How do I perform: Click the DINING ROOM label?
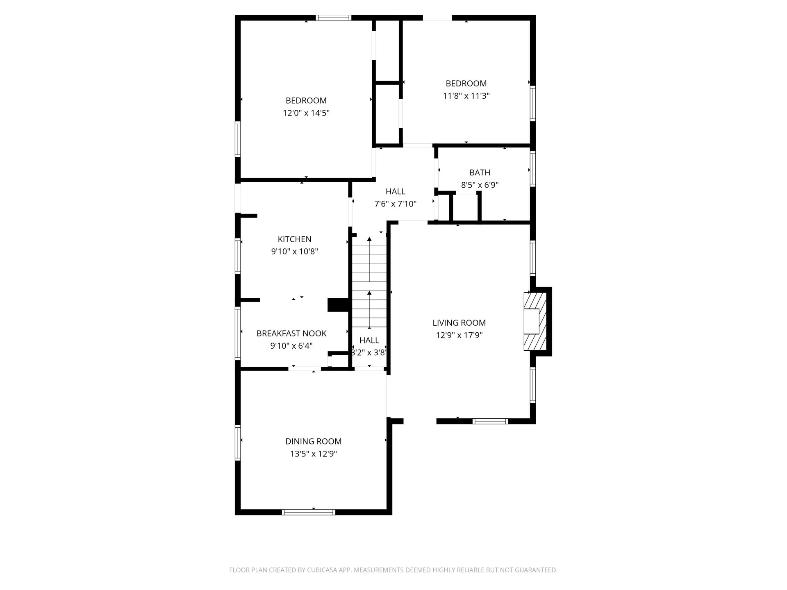(x=313, y=441)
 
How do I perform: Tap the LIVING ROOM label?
(x=459, y=323)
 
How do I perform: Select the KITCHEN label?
(x=294, y=239)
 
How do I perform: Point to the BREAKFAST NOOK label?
(x=291, y=334)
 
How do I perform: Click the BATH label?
(x=480, y=172)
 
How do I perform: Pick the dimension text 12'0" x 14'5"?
(x=306, y=113)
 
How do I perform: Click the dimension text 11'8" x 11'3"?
(x=466, y=96)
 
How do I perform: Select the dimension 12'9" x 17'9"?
(x=459, y=335)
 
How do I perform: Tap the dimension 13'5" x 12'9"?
(x=314, y=454)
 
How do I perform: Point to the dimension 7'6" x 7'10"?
(x=395, y=204)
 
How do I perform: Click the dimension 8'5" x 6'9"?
(x=480, y=185)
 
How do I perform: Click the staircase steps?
(x=369, y=283)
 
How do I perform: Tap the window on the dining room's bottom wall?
(x=309, y=512)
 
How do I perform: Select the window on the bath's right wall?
(x=533, y=169)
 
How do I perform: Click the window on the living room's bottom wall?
(x=490, y=421)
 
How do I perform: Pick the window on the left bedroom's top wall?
(x=334, y=18)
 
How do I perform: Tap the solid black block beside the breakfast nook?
(x=338, y=305)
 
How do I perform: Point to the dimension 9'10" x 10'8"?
(x=294, y=252)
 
